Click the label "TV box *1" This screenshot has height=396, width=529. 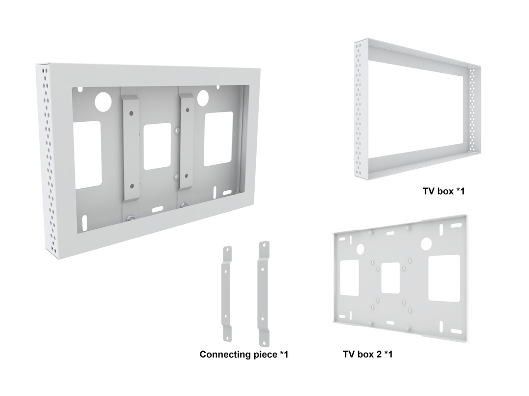444,191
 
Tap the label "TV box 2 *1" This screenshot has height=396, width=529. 368,354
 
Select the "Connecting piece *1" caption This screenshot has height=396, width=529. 244,354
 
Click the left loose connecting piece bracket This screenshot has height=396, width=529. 227,294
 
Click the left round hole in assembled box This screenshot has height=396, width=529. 103,102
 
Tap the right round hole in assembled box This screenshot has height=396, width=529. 203,97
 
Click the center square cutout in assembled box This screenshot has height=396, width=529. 157,146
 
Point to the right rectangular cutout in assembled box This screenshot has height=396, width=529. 218,139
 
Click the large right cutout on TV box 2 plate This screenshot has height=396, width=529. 444,278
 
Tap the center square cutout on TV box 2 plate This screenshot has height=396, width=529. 390,278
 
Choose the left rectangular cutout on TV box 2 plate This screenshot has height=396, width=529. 350,278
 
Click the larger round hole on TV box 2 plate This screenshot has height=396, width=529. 426,244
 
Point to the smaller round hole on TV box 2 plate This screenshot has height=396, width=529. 361,249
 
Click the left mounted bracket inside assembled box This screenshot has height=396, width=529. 131,148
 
